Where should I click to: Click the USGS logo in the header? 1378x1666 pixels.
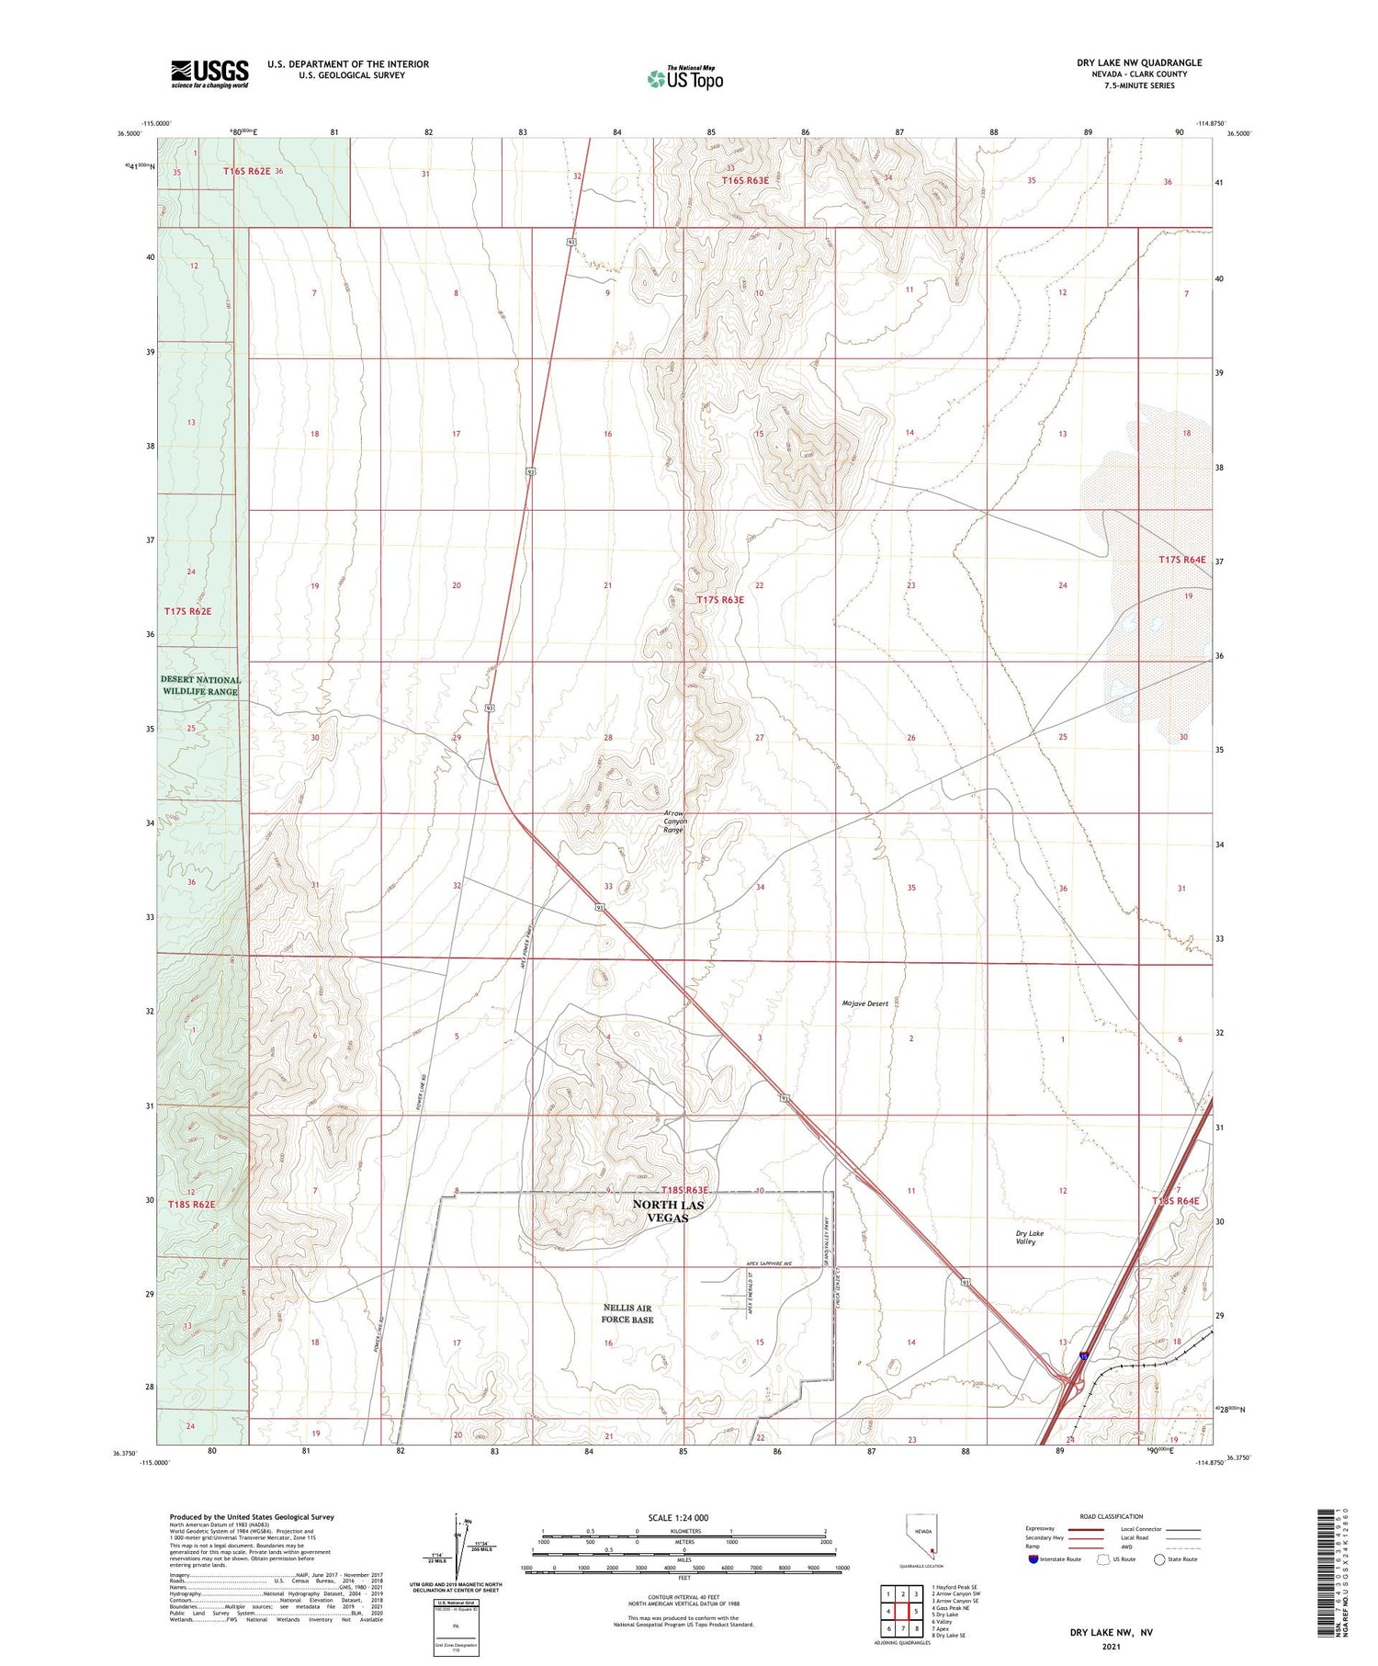pyautogui.click(x=209, y=74)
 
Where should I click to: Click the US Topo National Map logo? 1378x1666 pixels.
pyautogui.click(x=684, y=79)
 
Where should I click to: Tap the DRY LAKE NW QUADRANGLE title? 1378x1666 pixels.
pyautogui.click(x=1139, y=62)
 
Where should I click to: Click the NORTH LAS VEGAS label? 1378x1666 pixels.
pyautogui.click(x=669, y=1210)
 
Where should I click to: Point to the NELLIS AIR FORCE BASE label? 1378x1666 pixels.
pyautogui.click(x=627, y=1313)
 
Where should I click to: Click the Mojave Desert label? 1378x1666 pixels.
pyautogui.click(x=864, y=1003)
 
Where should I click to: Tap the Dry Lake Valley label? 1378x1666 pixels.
pyautogui.click(x=1029, y=1237)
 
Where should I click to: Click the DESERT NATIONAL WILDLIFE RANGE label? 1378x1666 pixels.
pyautogui.click(x=201, y=686)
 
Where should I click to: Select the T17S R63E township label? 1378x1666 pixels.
pyautogui.click(x=720, y=600)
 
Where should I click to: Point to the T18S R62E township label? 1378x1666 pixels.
pyautogui.click(x=191, y=1204)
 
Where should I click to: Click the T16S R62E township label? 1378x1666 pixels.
pyautogui.click(x=247, y=171)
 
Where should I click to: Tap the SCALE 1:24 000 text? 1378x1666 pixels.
pyautogui.click(x=678, y=1518)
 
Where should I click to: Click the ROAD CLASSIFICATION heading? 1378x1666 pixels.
pyautogui.click(x=1112, y=1516)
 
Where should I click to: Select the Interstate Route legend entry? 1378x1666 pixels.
pyautogui.click(x=1055, y=1559)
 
